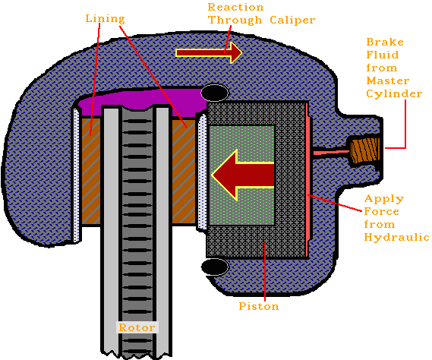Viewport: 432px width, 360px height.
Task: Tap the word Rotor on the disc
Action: (x=136, y=327)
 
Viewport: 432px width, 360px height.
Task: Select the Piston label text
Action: (x=258, y=306)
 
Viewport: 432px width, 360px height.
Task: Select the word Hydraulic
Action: (x=397, y=237)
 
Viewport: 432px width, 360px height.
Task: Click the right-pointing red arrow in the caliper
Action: (x=209, y=52)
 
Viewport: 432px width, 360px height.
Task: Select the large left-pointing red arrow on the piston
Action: (x=242, y=175)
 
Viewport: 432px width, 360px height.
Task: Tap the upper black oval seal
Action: (x=215, y=93)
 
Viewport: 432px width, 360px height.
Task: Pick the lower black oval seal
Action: (x=214, y=267)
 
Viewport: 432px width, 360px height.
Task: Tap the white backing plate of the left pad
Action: (x=77, y=175)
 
